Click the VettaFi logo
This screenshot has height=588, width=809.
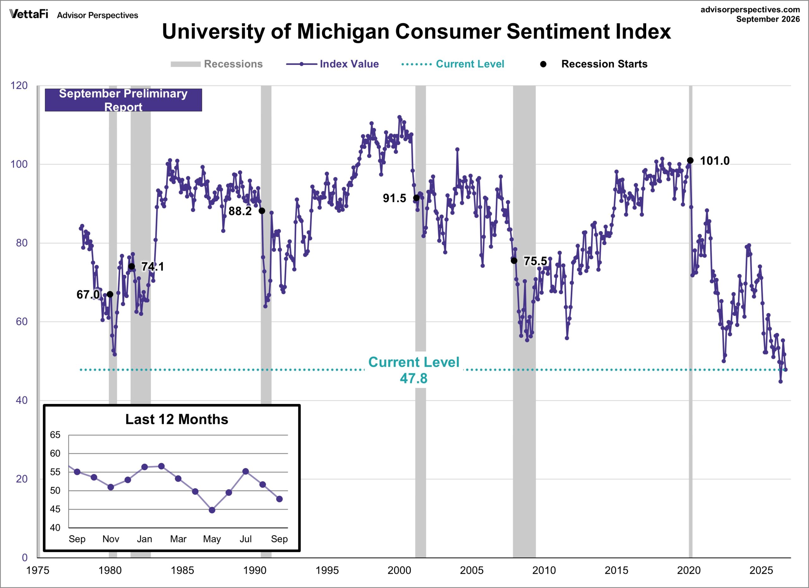coord(29,14)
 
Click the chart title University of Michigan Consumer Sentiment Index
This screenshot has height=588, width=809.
coord(416,31)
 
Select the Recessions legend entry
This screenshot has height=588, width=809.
coord(216,64)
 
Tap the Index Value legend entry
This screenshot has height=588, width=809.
coord(332,64)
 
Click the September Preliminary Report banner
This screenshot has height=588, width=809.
coord(124,100)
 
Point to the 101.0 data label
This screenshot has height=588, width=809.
coord(715,161)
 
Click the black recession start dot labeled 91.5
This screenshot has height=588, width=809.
coord(416,198)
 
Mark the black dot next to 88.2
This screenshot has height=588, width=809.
coord(262,211)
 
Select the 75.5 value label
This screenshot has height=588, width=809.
coord(535,261)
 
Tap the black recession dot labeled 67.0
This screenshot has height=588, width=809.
coord(110,294)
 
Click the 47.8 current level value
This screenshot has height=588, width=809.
coord(413,378)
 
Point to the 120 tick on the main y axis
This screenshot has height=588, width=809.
coord(19,86)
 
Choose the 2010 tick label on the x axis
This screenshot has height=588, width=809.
coord(544,571)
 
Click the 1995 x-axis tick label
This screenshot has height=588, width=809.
coord(327,571)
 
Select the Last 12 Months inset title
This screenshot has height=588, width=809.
coord(177,419)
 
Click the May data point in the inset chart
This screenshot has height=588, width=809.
coord(212,510)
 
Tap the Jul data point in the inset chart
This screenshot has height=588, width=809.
coord(246,472)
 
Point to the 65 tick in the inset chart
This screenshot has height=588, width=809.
coord(55,435)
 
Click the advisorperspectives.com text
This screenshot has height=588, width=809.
coord(750,9)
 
